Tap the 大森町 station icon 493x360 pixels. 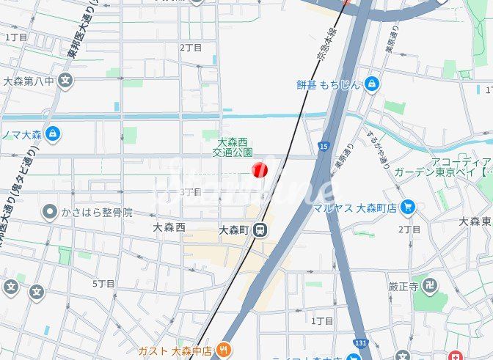pyautogui.click(x=260, y=230)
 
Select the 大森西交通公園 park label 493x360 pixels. pyautogui.click(x=233, y=147)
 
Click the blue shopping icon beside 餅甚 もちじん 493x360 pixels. pyautogui.click(x=372, y=84)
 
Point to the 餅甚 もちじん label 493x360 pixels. pyautogui.click(x=329, y=84)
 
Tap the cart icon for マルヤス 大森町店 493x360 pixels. pyautogui.click(x=409, y=207)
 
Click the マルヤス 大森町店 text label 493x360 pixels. pyautogui.click(x=354, y=208)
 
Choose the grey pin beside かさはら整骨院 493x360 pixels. pyautogui.click(x=50, y=213)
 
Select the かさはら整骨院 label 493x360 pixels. pyautogui.click(x=98, y=213)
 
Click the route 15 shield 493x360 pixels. pyautogui.click(x=324, y=147)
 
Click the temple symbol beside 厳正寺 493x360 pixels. pyautogui.click(x=433, y=284)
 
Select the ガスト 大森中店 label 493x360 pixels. pyautogui.click(x=175, y=351)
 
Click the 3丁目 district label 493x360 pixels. pyautogui.click(x=190, y=191)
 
